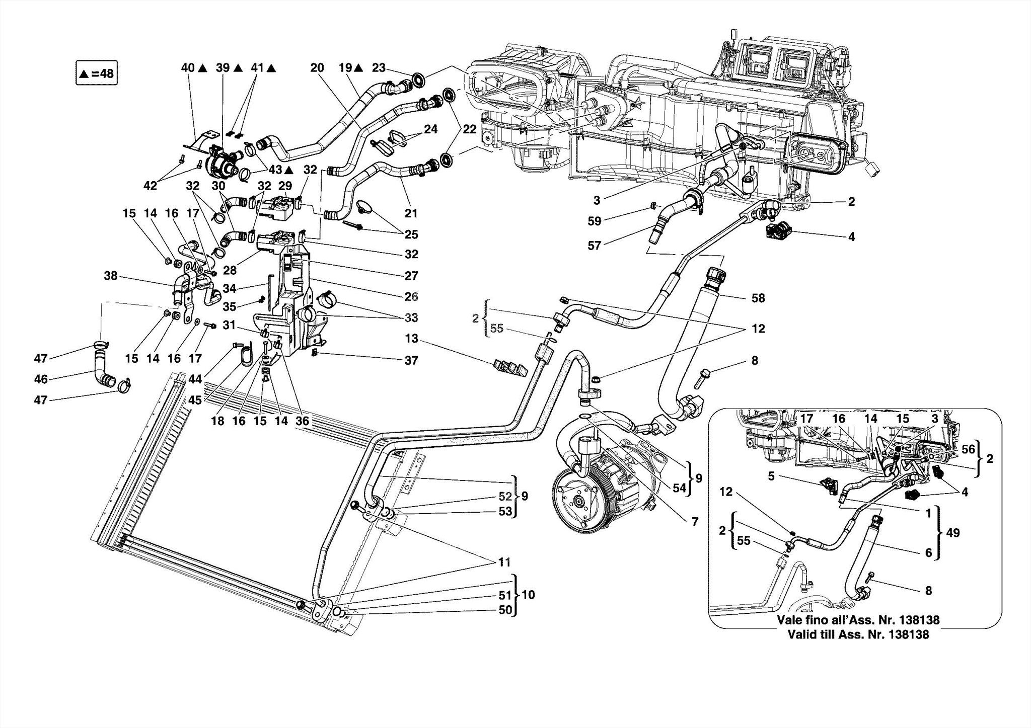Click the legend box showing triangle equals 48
tap(96, 73)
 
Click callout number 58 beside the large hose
tap(758, 298)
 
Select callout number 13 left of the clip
tap(411, 339)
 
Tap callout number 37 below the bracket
tap(411, 360)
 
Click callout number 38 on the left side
tap(111, 276)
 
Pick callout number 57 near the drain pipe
tap(595, 246)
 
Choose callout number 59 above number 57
tap(595, 220)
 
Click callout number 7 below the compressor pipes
tap(695, 522)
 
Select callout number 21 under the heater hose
tap(411, 213)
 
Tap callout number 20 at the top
tap(317, 67)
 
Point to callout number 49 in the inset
tap(953, 533)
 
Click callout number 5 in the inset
tap(771, 476)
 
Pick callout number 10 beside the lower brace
tap(528, 595)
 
